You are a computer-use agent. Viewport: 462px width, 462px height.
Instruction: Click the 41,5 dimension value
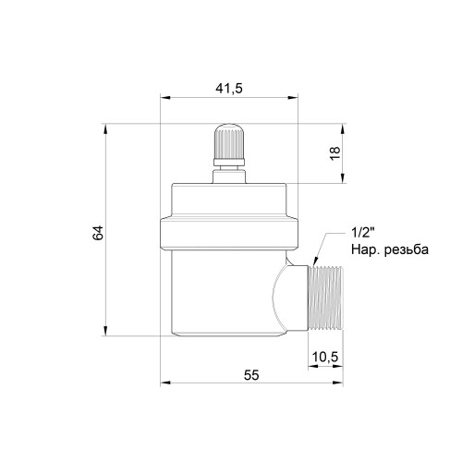(x=229, y=89)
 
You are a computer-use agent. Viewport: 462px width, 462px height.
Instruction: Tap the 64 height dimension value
(x=98, y=233)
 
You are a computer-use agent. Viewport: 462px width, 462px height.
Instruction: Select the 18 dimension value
(x=335, y=152)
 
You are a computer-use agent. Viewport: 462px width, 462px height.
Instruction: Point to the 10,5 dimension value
(x=325, y=357)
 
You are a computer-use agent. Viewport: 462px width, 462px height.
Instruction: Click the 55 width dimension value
(x=251, y=375)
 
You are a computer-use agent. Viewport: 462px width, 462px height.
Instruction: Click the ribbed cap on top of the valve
(x=229, y=141)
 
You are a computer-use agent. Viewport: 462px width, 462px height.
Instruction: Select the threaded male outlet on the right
(x=325, y=298)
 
